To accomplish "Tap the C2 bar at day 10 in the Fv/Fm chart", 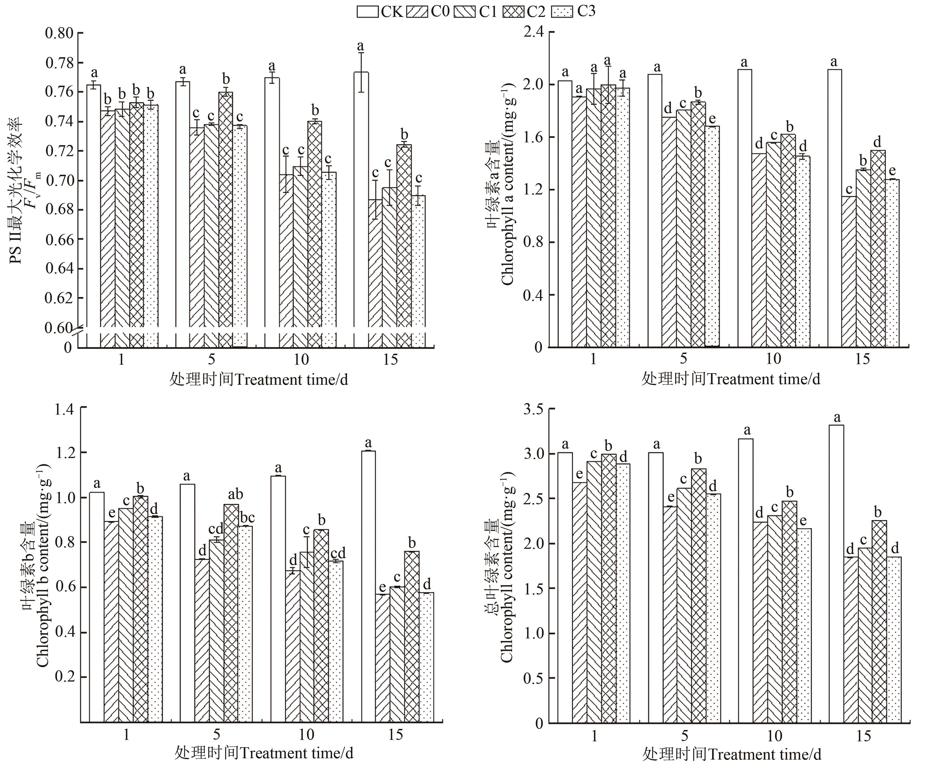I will click(x=315, y=233).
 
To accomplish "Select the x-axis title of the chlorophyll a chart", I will click(x=730, y=379).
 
